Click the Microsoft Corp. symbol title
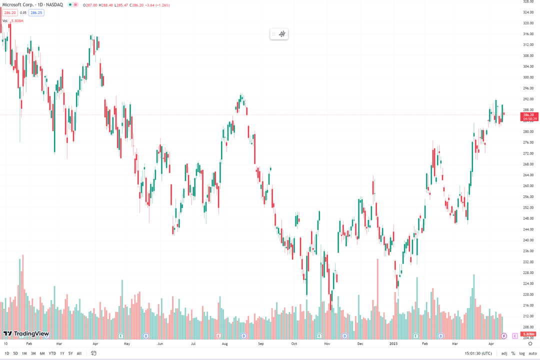[x=20, y=4]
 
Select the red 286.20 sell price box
[x=9, y=12]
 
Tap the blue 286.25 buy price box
[x=36, y=12]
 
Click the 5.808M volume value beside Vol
[x=17, y=20]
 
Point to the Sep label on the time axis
[x=260, y=344]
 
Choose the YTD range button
[x=52, y=353]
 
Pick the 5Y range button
[x=70, y=353]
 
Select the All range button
[x=79, y=353]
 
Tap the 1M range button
[x=24, y=353]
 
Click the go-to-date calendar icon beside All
[x=93, y=353]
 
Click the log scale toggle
[x=522, y=353]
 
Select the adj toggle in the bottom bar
[x=504, y=353]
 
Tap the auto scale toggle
[x=532, y=353]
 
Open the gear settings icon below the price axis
[x=529, y=344]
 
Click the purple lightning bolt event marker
[x=504, y=335]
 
